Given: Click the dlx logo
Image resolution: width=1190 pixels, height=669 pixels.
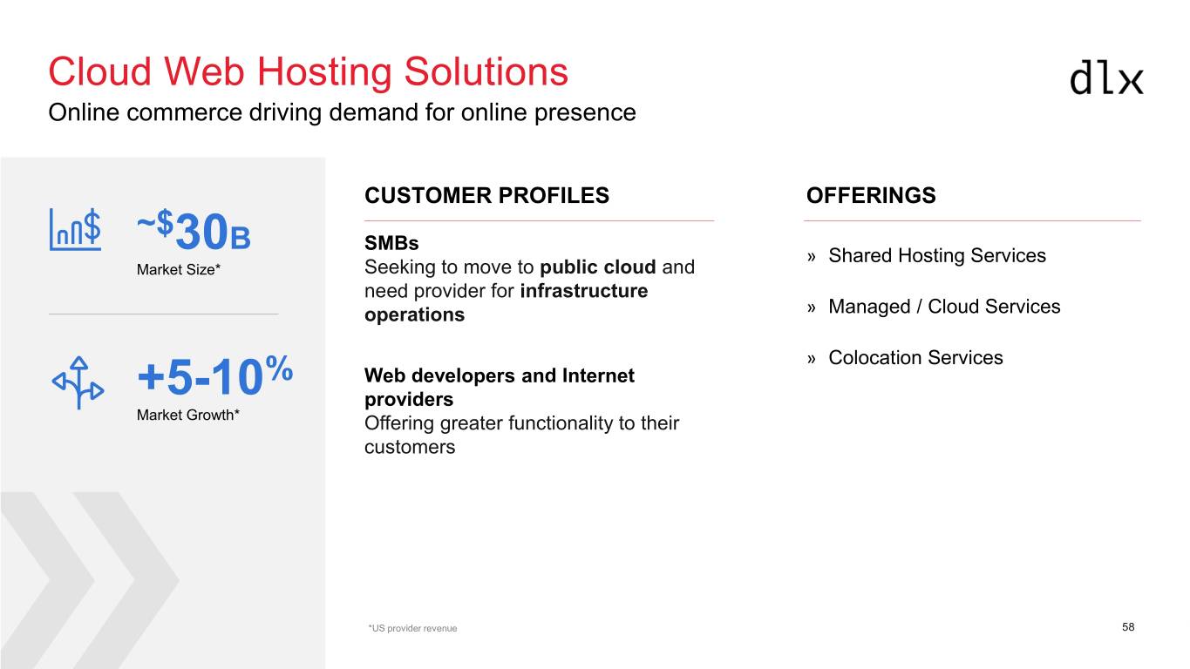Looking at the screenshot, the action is (1106, 78).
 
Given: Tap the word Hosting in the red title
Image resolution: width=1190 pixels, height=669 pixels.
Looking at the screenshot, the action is (324, 73).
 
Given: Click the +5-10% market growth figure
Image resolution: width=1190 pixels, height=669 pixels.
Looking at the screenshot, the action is (214, 375).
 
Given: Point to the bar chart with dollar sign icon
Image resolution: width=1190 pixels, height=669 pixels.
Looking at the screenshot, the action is (75, 229).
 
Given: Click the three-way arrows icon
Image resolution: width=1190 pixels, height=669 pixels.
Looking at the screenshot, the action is (78, 382).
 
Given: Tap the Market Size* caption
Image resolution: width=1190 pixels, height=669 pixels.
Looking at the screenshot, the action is (179, 270).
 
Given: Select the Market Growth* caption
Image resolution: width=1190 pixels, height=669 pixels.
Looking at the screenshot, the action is (188, 415).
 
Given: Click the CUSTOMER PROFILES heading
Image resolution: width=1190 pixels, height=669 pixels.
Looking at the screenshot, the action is (486, 195).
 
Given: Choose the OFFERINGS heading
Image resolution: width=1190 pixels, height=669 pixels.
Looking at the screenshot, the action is (871, 195).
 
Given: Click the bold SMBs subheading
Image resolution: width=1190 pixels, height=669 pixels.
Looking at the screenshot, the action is (391, 243).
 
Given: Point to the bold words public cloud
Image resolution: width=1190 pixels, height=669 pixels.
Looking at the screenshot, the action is (598, 267).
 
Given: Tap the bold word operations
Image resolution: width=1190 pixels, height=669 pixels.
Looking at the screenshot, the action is (414, 314).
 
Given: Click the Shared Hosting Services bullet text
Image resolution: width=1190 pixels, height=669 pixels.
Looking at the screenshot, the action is (937, 255).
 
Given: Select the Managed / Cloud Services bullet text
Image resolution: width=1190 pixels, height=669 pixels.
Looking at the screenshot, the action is (944, 307).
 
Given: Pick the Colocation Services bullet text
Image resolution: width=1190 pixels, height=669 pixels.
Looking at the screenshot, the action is (916, 357).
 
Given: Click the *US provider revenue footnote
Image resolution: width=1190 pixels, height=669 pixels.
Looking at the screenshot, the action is (412, 628).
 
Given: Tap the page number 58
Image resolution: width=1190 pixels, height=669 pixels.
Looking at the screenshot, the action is (1128, 627).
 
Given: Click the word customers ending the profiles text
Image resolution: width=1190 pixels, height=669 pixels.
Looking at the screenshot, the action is (410, 447).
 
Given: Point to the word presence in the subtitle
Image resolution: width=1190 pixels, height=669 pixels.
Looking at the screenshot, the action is (585, 113).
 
